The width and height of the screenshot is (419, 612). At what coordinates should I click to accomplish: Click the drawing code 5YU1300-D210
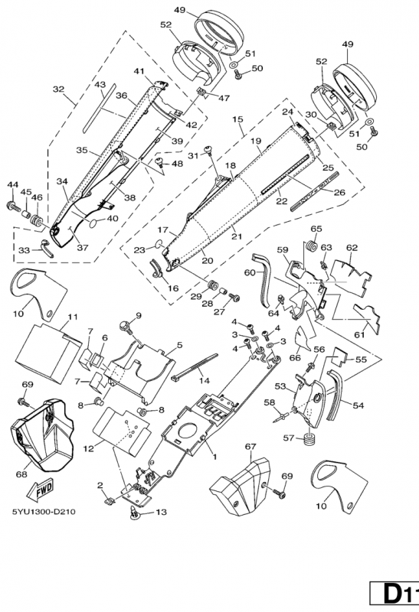click(44, 512)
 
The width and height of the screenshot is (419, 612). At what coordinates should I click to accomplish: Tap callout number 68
click(21, 474)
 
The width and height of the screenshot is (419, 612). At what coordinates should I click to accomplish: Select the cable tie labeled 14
click(194, 367)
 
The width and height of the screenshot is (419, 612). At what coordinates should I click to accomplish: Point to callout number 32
click(59, 90)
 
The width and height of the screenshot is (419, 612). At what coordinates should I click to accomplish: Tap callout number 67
click(250, 446)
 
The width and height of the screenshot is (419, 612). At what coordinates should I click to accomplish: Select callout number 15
click(237, 119)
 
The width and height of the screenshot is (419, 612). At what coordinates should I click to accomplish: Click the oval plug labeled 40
click(95, 223)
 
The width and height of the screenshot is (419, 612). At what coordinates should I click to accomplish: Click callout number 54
click(358, 405)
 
